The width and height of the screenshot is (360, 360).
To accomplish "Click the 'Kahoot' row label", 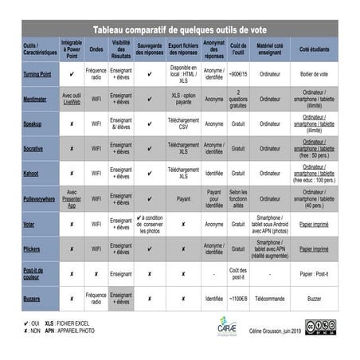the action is [33, 174].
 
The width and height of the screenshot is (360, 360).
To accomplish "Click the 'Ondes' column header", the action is [96, 49].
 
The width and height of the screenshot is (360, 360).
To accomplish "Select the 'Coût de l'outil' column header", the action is [238, 49].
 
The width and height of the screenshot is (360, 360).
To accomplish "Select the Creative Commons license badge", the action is [320, 327].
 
